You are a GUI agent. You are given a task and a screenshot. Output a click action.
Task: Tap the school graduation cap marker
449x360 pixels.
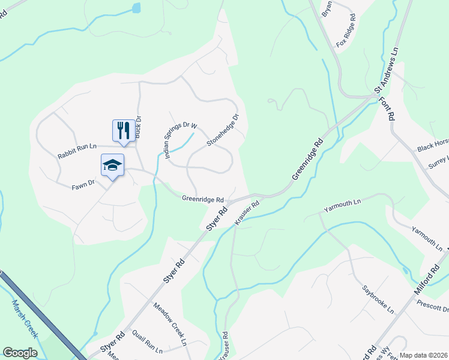[x=112, y=165]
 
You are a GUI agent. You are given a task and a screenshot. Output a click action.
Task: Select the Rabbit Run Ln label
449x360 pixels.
[x=77, y=151]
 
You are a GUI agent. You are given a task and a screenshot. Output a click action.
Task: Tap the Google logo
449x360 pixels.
[x=20, y=353]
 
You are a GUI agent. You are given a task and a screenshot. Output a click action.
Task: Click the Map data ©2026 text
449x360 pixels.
[x=423, y=355]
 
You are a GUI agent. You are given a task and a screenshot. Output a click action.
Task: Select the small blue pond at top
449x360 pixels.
[x=136, y=8]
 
